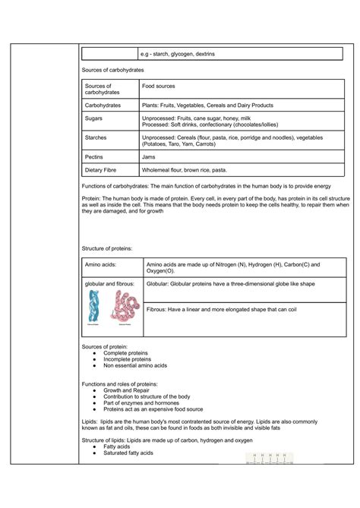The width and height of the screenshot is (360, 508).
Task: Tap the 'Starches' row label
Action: (x=97, y=137)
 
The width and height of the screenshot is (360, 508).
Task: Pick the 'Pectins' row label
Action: (x=96, y=156)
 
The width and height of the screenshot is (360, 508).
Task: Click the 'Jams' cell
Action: (x=149, y=156)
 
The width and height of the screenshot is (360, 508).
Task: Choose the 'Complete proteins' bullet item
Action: (x=126, y=353)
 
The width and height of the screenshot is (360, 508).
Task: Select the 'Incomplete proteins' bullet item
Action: (x=128, y=359)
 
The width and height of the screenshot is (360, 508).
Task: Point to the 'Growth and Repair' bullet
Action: (x=128, y=390)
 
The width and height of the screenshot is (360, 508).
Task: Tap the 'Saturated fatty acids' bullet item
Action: (x=128, y=453)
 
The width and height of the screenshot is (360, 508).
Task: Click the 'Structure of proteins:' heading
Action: (x=107, y=248)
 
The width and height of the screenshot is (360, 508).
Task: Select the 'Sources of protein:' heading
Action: (x=105, y=347)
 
